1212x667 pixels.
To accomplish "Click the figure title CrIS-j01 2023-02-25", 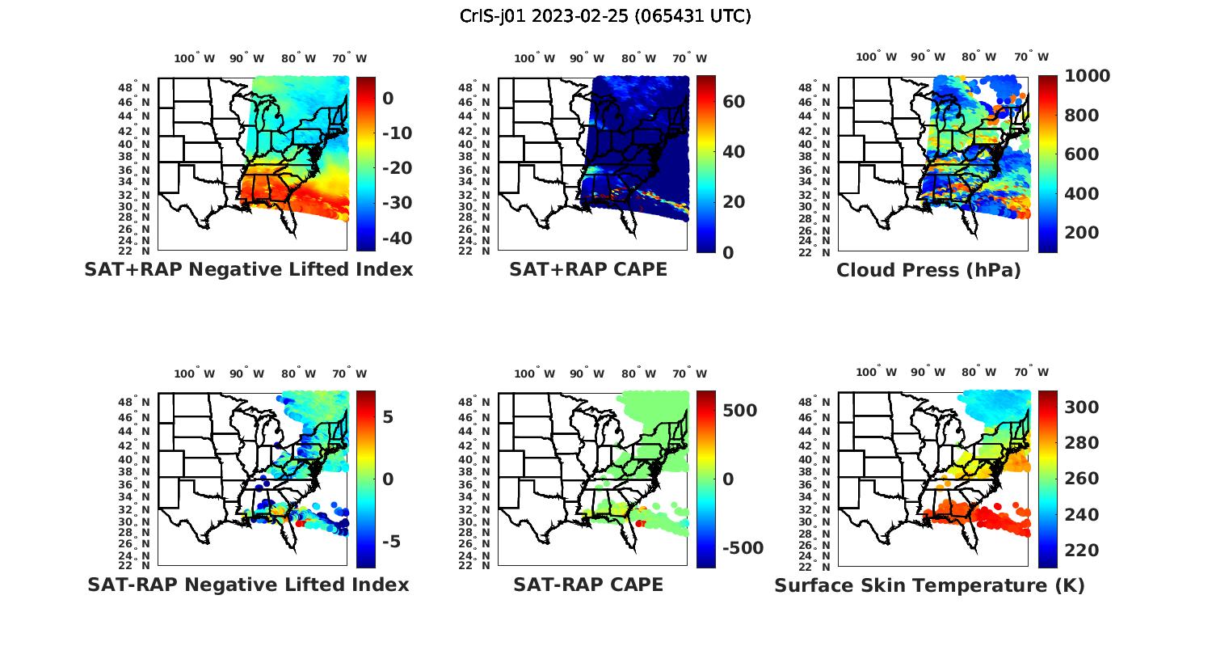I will pos(605,16).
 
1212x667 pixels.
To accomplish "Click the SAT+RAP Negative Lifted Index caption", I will pos(248,269).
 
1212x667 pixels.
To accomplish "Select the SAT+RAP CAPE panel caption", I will pos(588,269).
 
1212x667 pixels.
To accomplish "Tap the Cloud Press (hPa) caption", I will pos(928,270).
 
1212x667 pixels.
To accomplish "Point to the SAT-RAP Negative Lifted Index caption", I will pos(248,585).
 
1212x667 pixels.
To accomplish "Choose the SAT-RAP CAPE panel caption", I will pos(588,585).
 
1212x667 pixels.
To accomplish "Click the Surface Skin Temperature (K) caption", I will pos(929,585).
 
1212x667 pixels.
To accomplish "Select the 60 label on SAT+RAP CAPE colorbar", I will pos(734,102).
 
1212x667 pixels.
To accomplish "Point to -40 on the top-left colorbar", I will pos(395,238).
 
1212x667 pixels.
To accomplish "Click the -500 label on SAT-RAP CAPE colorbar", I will pos(741,548).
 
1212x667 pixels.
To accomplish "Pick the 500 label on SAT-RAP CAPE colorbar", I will pos(739,411).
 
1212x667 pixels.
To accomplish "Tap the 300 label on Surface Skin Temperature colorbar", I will pos(1082,407).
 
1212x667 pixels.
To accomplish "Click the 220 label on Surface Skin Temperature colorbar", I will pos(1082,551).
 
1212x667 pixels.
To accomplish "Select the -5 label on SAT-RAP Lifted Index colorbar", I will pos(390,542).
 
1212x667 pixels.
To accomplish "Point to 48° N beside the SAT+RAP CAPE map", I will pos(479,87).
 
